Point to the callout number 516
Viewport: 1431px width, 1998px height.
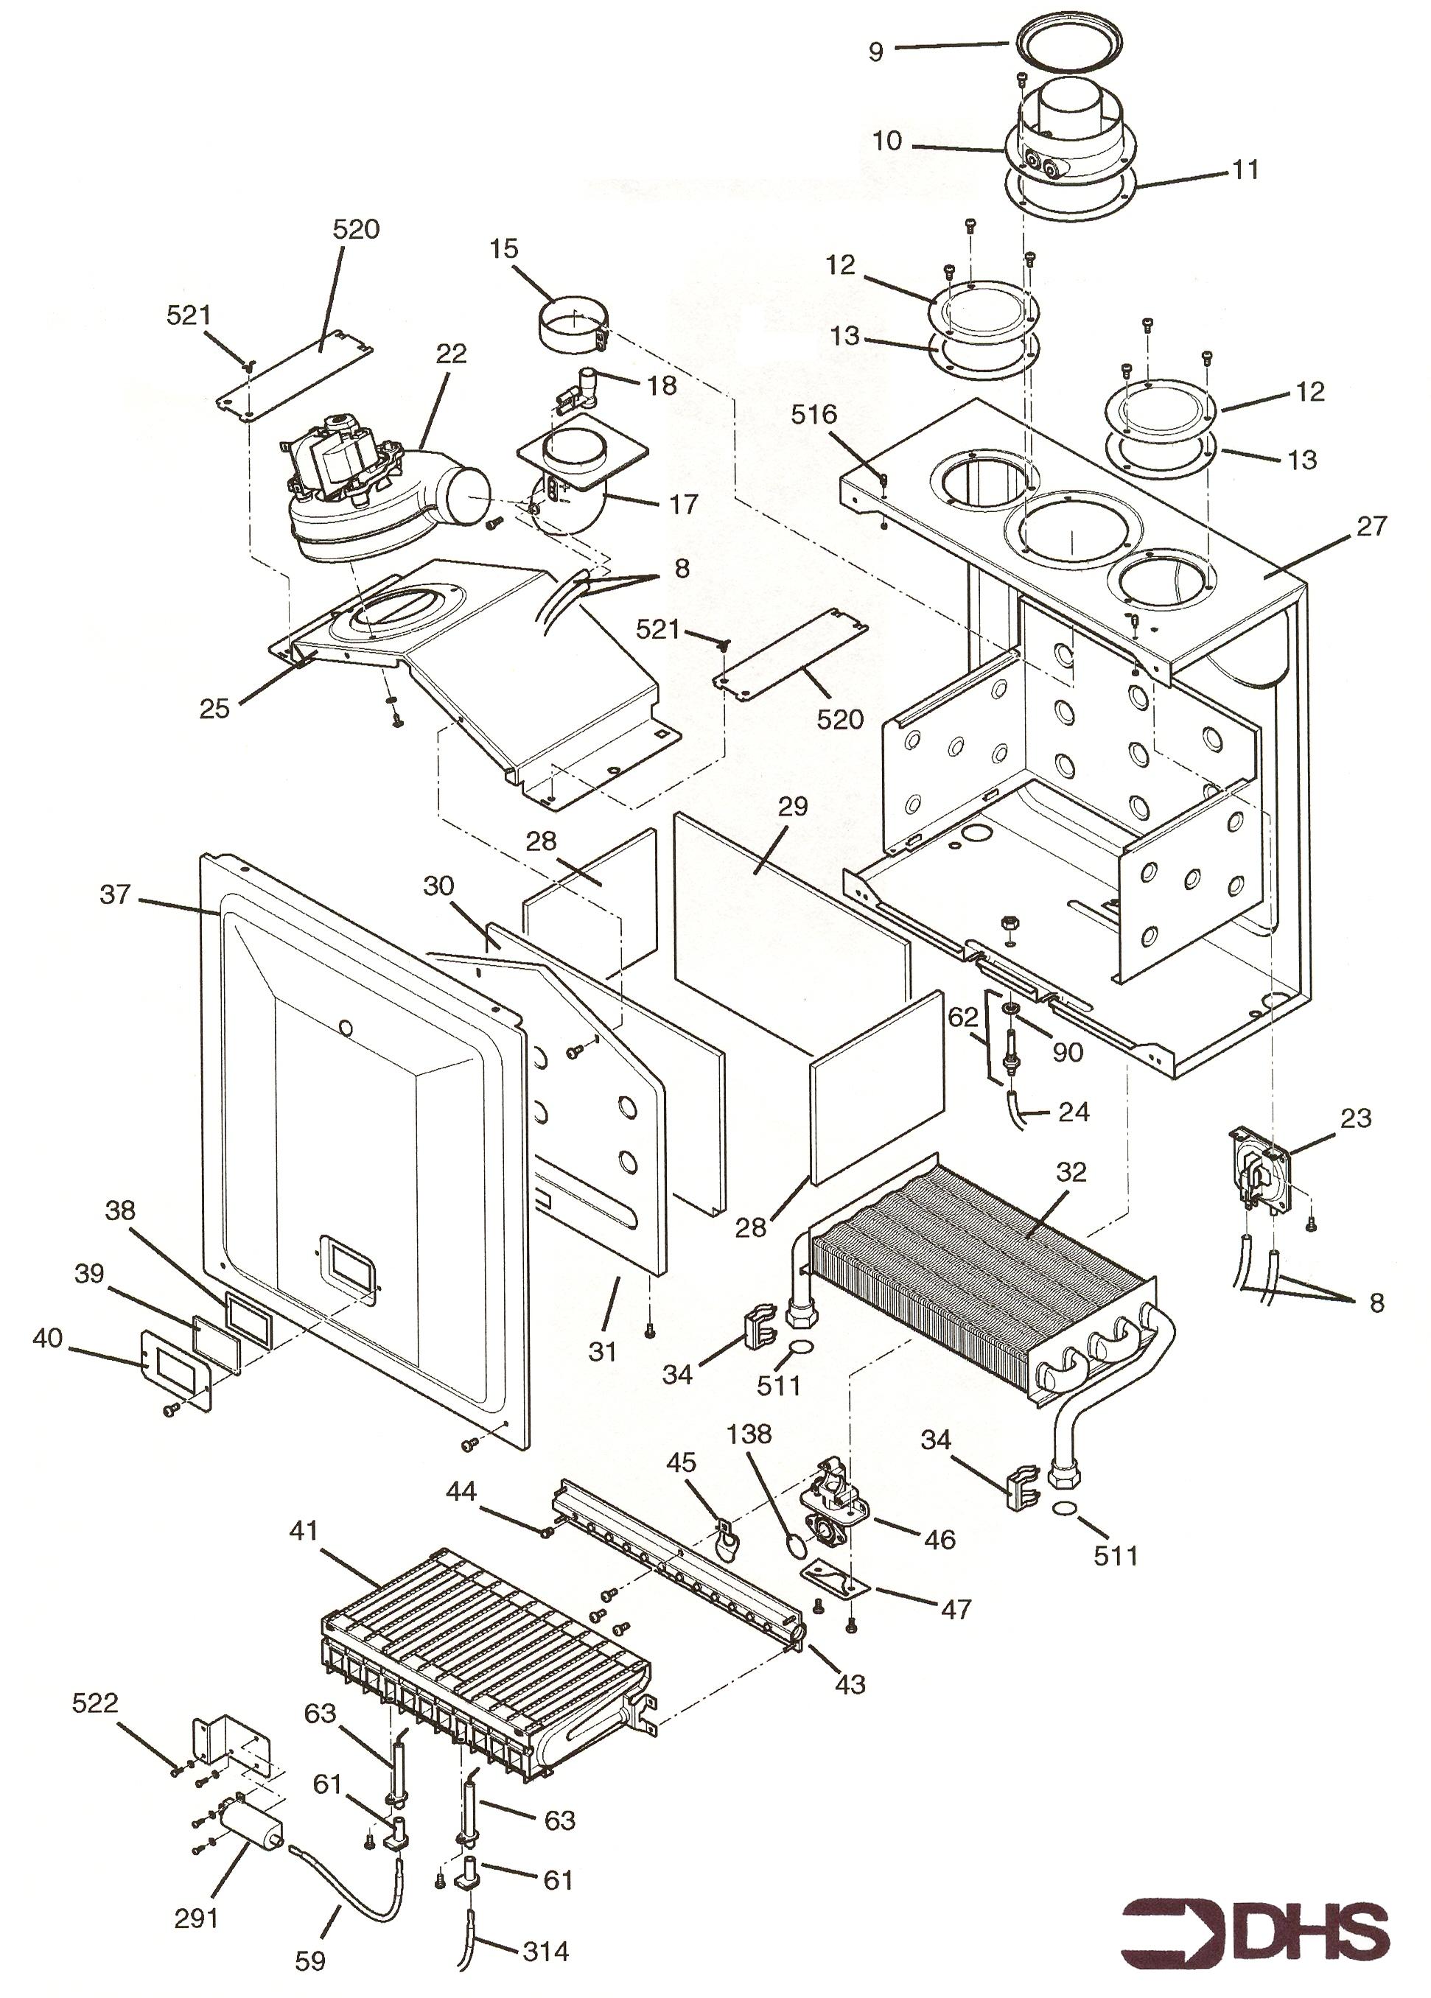tap(814, 415)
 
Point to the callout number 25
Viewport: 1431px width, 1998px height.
tap(214, 708)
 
